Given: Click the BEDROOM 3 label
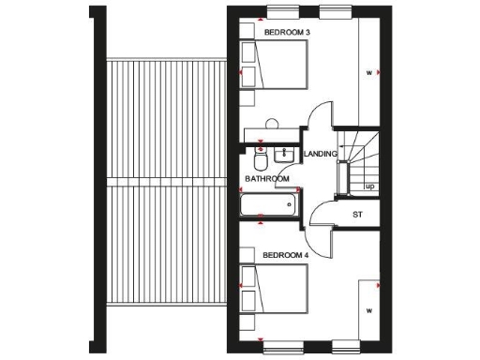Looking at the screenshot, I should click(288, 33).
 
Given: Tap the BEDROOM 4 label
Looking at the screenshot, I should click(286, 255).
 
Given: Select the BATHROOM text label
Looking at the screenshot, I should click(267, 178).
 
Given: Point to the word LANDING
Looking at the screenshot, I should click(321, 155).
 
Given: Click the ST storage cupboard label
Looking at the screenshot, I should click(357, 214).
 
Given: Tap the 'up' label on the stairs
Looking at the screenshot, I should click(369, 186).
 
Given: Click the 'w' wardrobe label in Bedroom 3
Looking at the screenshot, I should click(368, 72).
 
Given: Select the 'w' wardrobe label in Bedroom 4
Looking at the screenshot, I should click(369, 309).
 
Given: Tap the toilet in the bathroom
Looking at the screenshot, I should click(261, 153).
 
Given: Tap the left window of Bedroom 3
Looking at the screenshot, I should click(280, 10).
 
